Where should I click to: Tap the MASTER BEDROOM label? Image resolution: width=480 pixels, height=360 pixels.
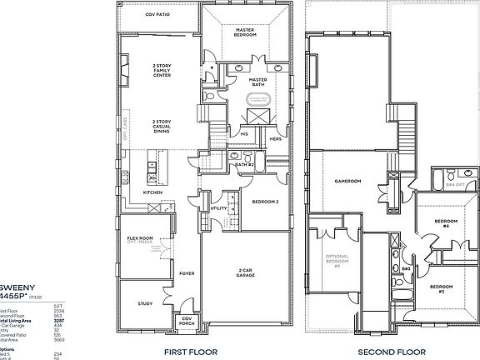click(x=244, y=32)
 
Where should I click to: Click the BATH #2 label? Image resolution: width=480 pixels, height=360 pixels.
click(x=244, y=166)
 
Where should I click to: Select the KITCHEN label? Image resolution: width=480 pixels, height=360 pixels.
click(x=152, y=193)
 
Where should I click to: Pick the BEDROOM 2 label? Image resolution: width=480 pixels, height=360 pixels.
click(x=264, y=202)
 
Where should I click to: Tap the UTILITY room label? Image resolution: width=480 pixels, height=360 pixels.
click(x=216, y=208)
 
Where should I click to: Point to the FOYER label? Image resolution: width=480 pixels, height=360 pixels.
click(x=187, y=272)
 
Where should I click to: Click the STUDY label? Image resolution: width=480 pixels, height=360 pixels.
click(x=145, y=303)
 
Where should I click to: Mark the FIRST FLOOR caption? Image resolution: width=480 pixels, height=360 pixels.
click(x=190, y=352)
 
